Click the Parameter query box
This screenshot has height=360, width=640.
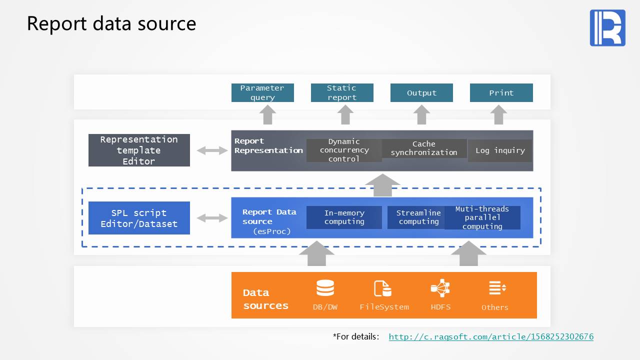[x=262, y=93]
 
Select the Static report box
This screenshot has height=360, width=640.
[x=342, y=93]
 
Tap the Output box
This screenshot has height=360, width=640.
[x=421, y=93]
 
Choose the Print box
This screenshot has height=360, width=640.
[x=501, y=93]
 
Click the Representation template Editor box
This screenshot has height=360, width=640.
[x=139, y=150]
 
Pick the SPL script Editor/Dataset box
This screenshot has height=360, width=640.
[x=139, y=218]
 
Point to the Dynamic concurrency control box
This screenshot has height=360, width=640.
[x=344, y=150]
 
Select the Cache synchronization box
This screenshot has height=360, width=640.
[x=424, y=148]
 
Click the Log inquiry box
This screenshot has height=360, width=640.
[x=499, y=150]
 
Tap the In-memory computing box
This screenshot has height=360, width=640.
[x=344, y=217]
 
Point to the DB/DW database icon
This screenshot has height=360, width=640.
[x=325, y=288]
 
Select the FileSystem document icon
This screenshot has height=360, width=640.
[x=383, y=288]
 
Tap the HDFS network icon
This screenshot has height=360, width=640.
[x=440, y=288]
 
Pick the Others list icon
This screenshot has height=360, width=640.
[x=497, y=288]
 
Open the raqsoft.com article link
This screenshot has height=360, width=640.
[x=491, y=337]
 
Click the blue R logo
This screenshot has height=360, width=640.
[x=607, y=28]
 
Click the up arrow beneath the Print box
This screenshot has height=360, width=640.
[x=498, y=115]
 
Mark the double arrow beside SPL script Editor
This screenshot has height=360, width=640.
[x=212, y=218]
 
